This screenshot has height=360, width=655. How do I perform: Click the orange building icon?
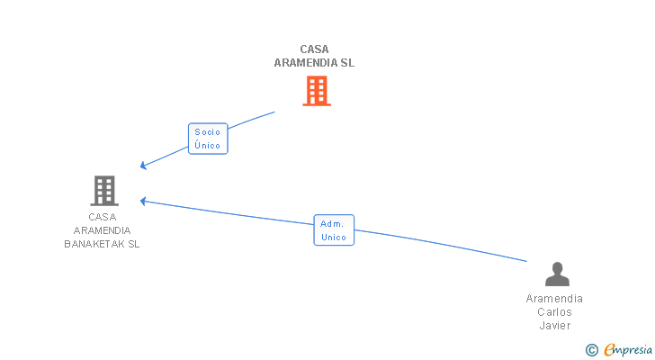[316, 91]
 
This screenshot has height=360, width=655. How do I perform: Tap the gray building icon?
[104, 190]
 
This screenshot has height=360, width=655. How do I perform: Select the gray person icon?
[557, 274]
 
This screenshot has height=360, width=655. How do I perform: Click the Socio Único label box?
[207, 139]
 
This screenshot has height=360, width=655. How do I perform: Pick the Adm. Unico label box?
[334, 230]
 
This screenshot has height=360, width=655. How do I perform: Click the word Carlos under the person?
[554, 312]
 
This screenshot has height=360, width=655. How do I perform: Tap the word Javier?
[555, 326]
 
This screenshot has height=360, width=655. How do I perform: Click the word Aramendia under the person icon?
[554, 299]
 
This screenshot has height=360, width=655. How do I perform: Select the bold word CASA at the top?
[315, 49]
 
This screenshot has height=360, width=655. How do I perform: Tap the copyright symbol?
[591, 350]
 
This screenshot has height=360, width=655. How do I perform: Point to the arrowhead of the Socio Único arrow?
[142, 167]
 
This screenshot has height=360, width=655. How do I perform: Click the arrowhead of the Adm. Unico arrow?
[141, 200]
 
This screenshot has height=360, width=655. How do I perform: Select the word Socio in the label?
[207, 132]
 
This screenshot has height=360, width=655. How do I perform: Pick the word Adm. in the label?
[333, 224]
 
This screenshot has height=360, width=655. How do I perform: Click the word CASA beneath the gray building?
[103, 217]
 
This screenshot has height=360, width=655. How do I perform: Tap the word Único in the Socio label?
[207, 146]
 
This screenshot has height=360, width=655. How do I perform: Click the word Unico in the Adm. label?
[334, 238]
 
